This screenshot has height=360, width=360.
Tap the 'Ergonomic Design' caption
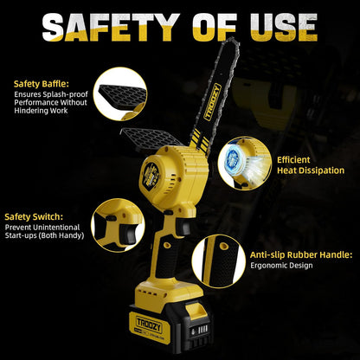point(280,267)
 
